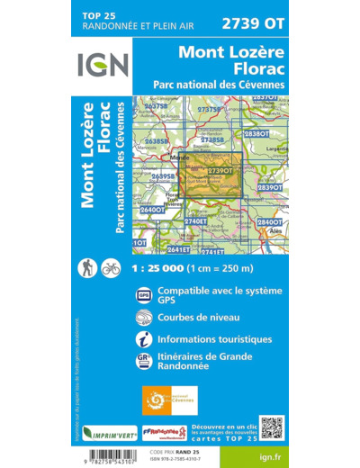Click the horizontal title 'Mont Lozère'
point(231,52)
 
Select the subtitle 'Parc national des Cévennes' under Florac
point(219,84)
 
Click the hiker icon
point(89,267)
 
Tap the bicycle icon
point(111,267)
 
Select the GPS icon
point(144,294)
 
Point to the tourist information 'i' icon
point(144,340)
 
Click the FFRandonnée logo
point(164,432)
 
